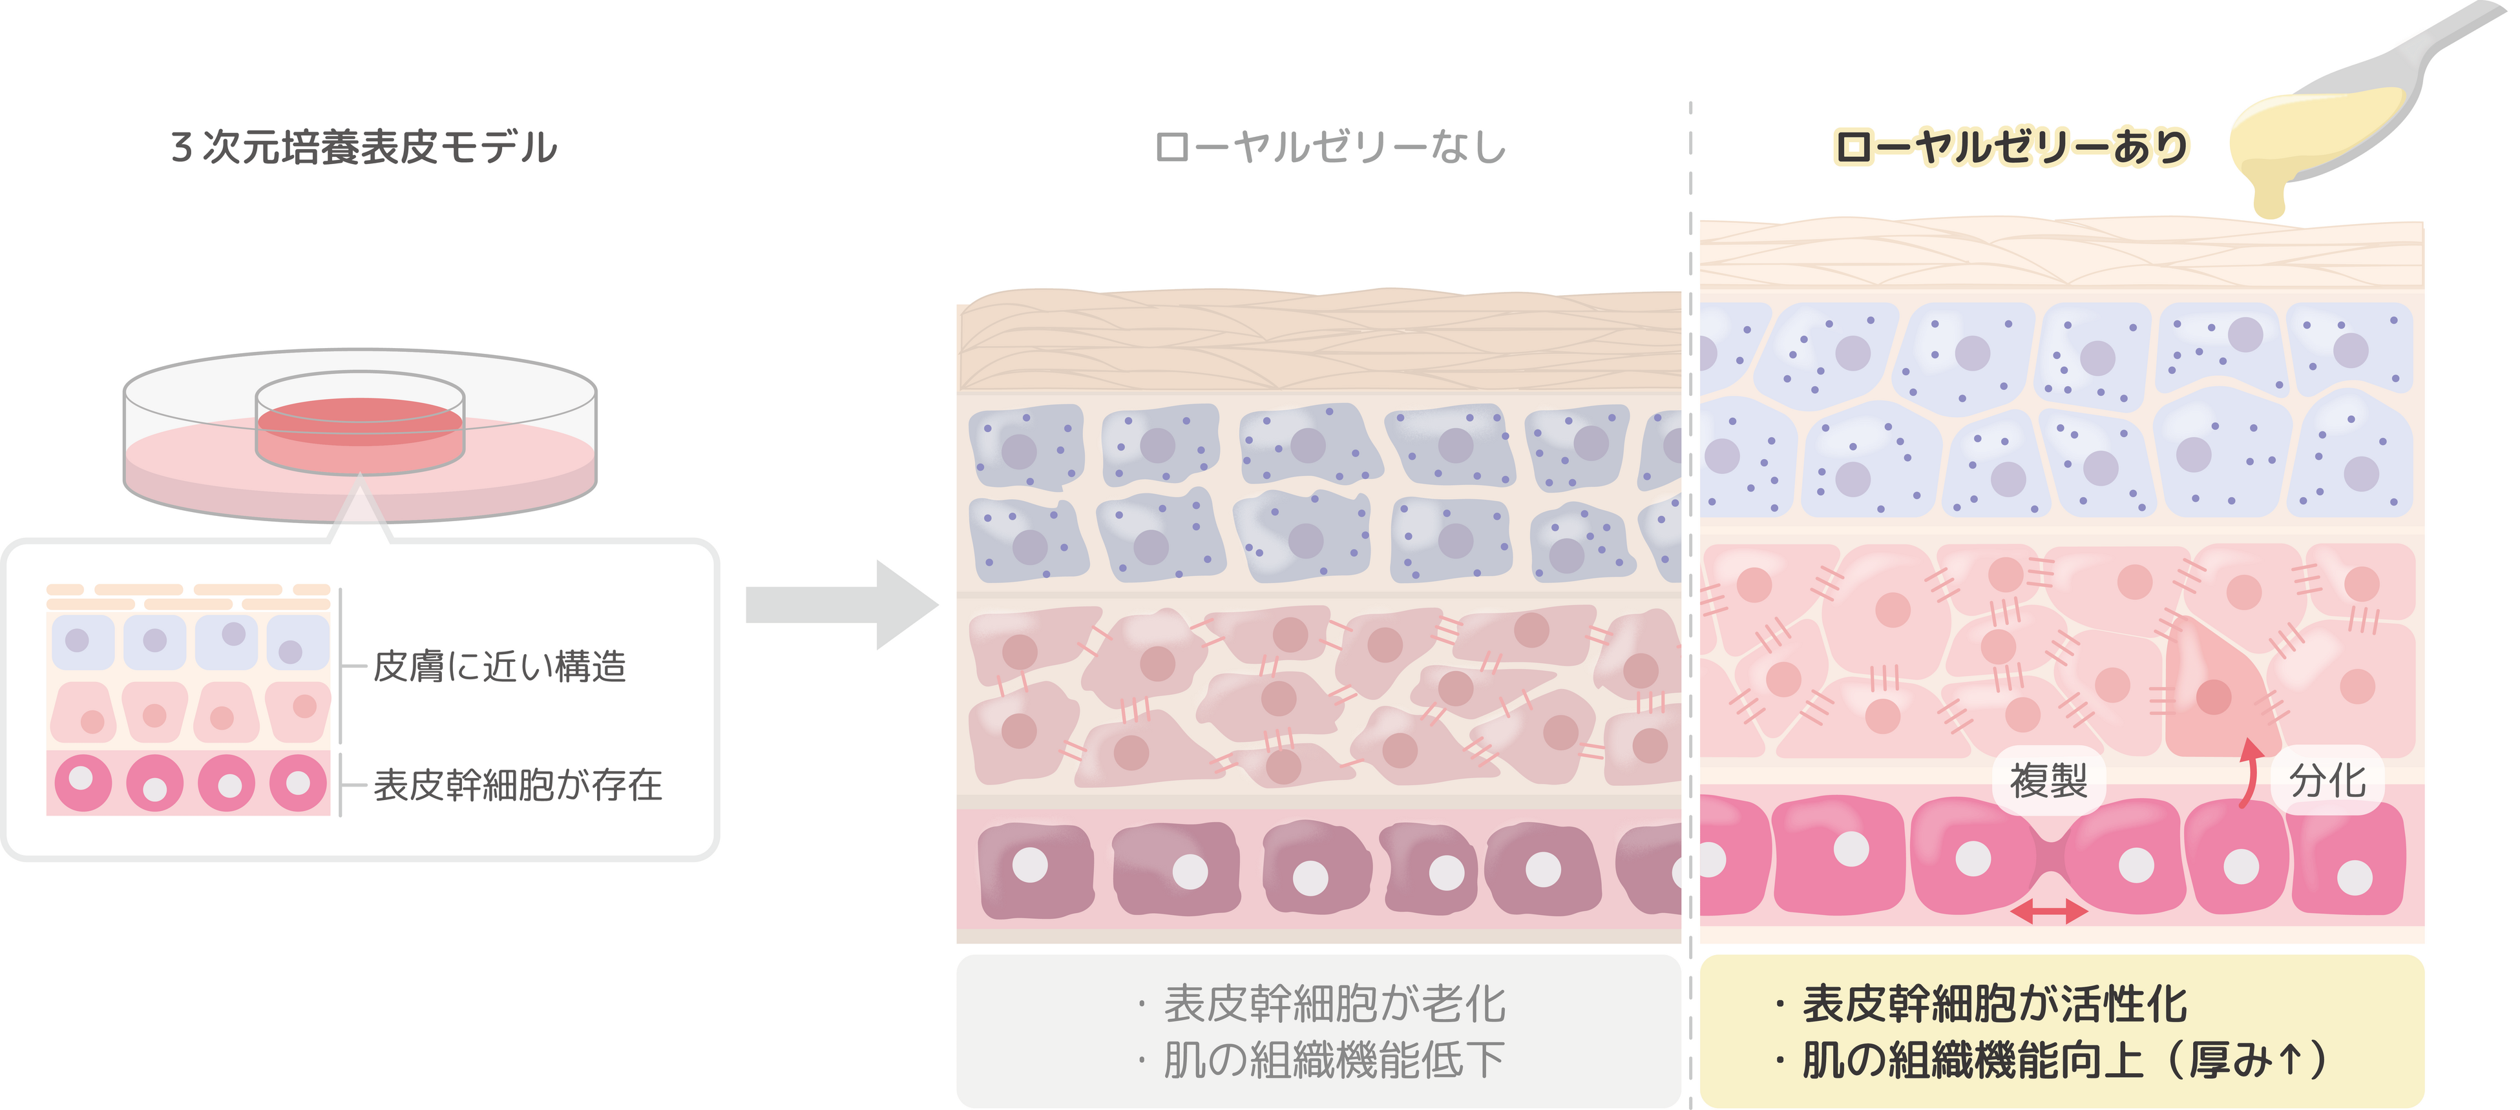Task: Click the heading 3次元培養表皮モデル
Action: point(364,148)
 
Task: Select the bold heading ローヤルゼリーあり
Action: point(2010,148)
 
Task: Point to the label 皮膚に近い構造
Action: point(499,667)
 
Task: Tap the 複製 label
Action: point(2048,781)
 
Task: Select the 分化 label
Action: point(2327,781)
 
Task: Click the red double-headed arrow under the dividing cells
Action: point(2048,912)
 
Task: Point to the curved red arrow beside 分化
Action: point(2250,772)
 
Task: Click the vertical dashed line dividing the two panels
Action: point(1690,587)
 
